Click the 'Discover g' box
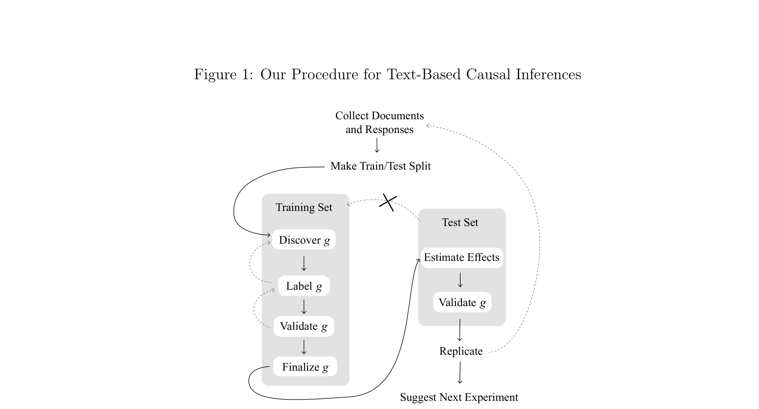304,240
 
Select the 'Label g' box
304,286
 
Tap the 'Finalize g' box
305,367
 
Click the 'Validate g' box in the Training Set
304,326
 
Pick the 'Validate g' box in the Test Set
462,303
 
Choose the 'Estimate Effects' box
462,257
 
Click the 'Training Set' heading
304,208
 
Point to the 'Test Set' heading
460,223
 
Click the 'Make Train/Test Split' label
380,166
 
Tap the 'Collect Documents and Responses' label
379,123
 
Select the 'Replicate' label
461,351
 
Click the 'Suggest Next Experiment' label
459,397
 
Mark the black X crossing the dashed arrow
388,202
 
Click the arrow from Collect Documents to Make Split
377,146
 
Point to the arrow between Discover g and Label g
304,263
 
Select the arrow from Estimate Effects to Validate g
460,280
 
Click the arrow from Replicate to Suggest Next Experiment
460,372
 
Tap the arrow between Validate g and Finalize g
304,347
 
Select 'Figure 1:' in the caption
224,74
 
